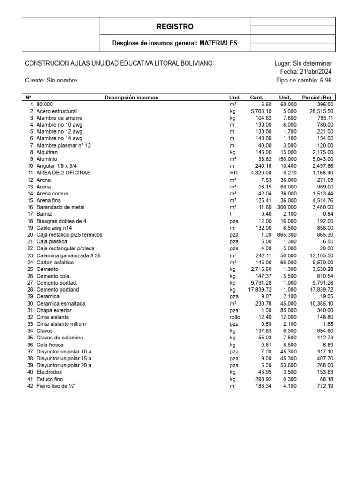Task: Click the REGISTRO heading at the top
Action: click(x=174, y=27)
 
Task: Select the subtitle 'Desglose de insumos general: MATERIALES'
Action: click(x=174, y=43)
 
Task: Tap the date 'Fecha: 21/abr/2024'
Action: click(x=305, y=72)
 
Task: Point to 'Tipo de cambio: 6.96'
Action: click(x=304, y=80)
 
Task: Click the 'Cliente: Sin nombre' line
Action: click(x=51, y=80)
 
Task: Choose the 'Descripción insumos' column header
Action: click(x=131, y=97)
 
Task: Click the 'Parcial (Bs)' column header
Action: click(x=318, y=97)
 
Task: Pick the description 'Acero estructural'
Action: click(x=56, y=111)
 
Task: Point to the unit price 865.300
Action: click(x=287, y=234)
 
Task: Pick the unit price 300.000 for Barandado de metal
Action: click(x=287, y=207)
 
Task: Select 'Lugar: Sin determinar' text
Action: click(x=303, y=63)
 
